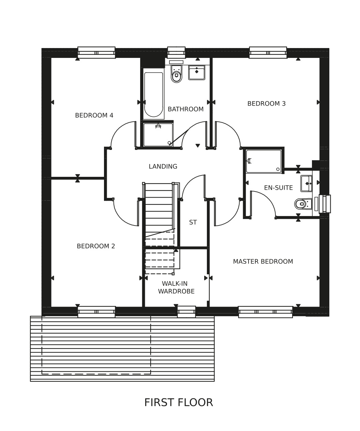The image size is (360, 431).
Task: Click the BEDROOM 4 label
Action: (94, 116)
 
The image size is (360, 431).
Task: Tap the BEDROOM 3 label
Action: (267, 104)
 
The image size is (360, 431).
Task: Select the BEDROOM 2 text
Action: (96, 246)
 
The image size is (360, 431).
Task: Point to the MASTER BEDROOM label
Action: (263, 262)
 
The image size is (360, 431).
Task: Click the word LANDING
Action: (163, 166)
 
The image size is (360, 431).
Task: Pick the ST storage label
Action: (193, 222)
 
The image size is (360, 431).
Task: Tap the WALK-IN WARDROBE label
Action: (176, 287)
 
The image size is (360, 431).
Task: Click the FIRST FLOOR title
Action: (178, 402)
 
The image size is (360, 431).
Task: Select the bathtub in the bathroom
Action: (154, 94)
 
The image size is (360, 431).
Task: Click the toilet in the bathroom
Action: (176, 74)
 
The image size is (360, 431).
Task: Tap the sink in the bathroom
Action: (197, 73)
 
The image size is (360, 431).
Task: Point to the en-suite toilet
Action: (303, 204)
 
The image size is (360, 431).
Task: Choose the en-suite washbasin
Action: (306, 184)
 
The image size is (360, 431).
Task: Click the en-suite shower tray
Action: (264, 161)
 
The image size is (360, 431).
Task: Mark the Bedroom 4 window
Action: (96, 52)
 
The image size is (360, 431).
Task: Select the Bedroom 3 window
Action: (268, 52)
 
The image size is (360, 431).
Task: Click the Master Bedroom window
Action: (266, 312)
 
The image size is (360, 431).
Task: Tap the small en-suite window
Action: (325, 204)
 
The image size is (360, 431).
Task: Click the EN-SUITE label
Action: (279, 188)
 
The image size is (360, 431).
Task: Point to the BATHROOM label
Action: (185, 109)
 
